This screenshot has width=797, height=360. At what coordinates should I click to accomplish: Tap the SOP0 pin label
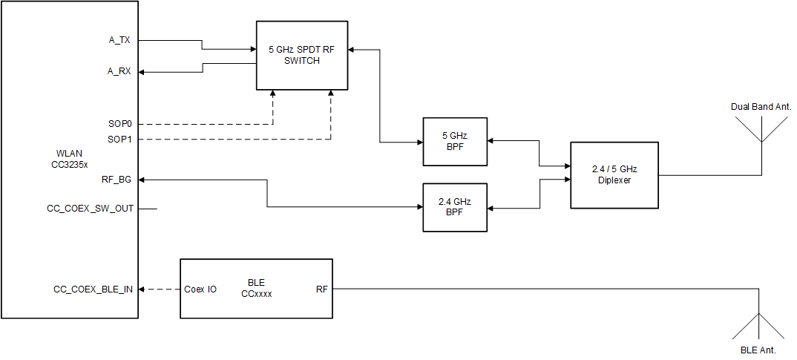point(121,123)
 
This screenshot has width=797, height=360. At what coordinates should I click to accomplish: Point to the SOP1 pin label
point(121,140)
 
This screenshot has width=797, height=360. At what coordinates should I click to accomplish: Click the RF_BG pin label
point(117,180)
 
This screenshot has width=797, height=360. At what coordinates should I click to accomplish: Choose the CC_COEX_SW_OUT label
point(90,209)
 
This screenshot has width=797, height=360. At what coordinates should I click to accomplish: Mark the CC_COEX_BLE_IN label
point(93,289)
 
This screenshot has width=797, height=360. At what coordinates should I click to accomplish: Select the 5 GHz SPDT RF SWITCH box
point(302,55)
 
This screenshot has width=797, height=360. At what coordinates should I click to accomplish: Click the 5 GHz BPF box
point(455,141)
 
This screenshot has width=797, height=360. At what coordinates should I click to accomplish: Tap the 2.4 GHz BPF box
point(455,207)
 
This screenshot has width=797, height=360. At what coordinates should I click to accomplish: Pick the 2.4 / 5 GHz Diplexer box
point(614,174)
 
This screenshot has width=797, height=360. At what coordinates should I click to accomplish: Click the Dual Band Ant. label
point(761,107)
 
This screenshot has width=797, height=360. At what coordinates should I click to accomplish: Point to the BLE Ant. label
point(759,348)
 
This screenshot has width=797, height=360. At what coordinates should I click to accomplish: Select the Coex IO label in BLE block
point(200,289)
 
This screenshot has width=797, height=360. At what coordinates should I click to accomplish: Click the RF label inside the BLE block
point(321,289)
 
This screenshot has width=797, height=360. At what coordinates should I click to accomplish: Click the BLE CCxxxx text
point(256,288)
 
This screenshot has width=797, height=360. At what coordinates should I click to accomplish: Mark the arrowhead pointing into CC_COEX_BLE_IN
point(143,289)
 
